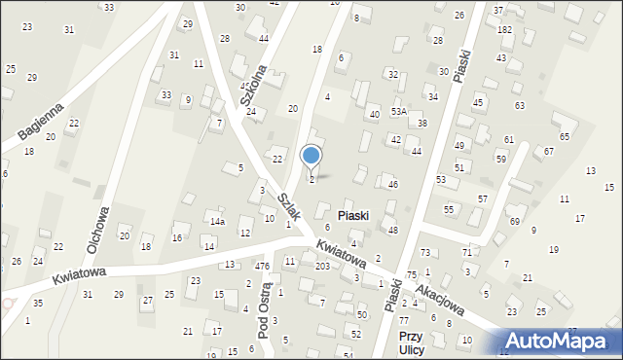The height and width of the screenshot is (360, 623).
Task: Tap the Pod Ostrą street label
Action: (265, 311)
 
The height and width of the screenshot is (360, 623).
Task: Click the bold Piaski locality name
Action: (353, 215)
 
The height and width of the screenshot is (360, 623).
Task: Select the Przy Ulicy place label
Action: (411, 342)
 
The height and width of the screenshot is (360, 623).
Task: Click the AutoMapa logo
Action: (562, 340)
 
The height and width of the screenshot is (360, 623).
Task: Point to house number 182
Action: (504, 30)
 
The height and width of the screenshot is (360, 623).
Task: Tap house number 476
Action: (262, 266)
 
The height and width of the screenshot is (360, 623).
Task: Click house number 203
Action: (322, 266)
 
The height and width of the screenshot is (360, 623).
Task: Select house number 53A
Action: (398, 112)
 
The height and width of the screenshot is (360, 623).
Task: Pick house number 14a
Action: (218, 222)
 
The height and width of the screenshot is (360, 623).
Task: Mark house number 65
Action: (564, 136)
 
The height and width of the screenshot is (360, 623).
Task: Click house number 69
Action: (515, 222)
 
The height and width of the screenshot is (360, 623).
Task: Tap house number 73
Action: (453, 253)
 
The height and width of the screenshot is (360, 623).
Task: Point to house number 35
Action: (37, 304)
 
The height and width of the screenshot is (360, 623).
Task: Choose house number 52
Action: (356, 334)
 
